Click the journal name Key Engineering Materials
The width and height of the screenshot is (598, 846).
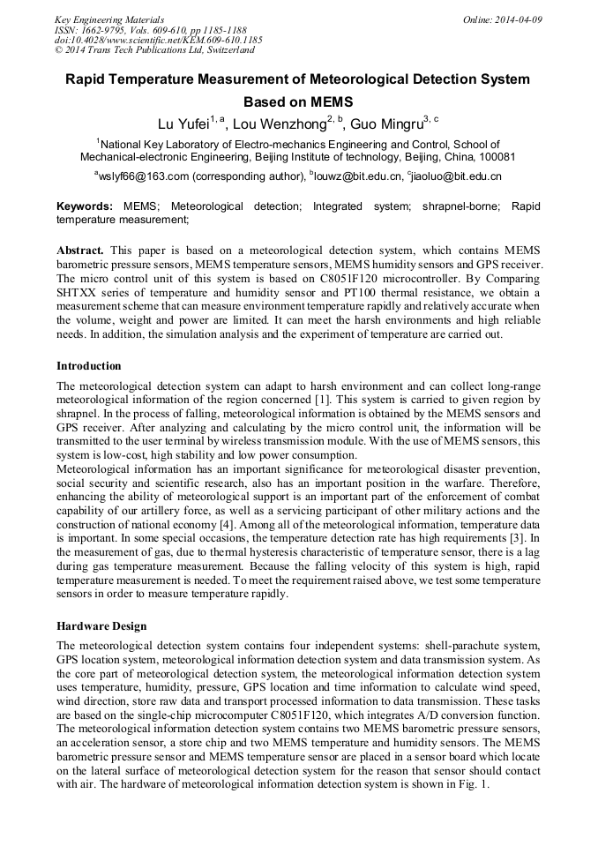coord(109,19)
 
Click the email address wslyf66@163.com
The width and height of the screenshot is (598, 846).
coord(143,176)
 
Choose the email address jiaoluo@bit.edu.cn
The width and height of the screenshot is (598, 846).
coord(455,176)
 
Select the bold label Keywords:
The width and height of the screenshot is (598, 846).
coord(85,206)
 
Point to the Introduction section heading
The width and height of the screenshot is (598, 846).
coord(89,365)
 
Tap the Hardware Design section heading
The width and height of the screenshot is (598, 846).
coord(101,625)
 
